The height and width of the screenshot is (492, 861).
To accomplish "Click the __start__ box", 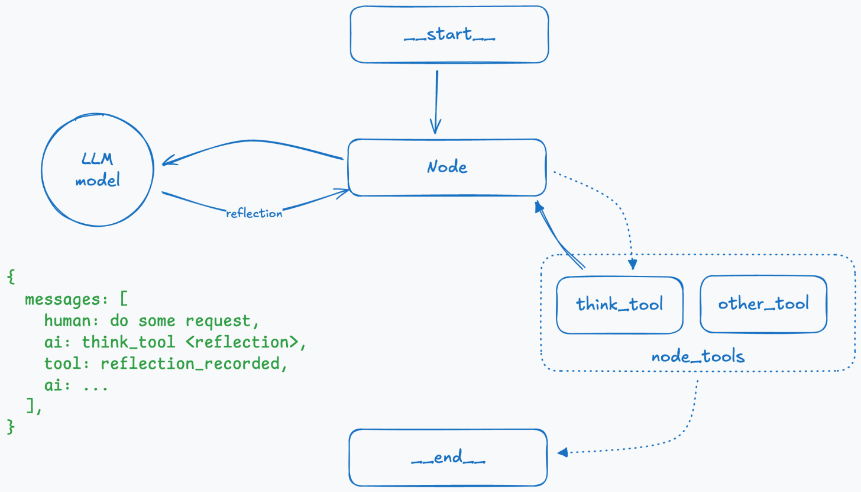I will tap(449, 34).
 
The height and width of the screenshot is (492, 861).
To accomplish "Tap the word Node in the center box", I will tap(447, 167).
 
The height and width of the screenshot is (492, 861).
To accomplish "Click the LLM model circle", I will tap(98, 169).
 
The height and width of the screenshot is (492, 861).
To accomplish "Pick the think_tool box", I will tap(619, 304).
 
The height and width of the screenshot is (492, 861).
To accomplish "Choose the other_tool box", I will tap(763, 304).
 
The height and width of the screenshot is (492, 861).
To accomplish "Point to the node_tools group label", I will tap(698, 356).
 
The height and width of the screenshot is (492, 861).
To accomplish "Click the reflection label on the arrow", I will tap(254, 214).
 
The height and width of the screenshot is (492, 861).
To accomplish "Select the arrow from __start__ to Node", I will tap(436, 101).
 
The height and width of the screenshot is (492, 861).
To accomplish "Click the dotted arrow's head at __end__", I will tap(562, 452).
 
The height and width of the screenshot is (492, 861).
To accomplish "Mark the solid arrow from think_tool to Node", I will tap(559, 234).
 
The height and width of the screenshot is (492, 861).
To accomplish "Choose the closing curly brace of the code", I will tap(11, 427).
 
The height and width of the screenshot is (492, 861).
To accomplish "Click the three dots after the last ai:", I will tap(95, 385).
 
